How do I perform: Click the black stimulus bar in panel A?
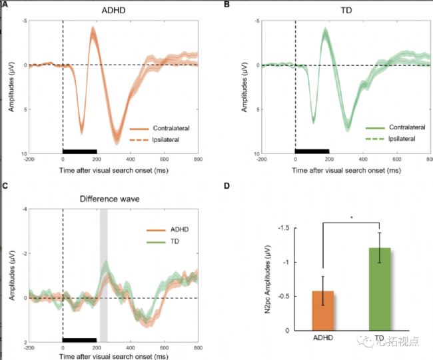coord(79,151)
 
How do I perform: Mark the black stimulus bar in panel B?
coord(312,151)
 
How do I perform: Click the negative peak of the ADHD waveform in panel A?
coord(93,29)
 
